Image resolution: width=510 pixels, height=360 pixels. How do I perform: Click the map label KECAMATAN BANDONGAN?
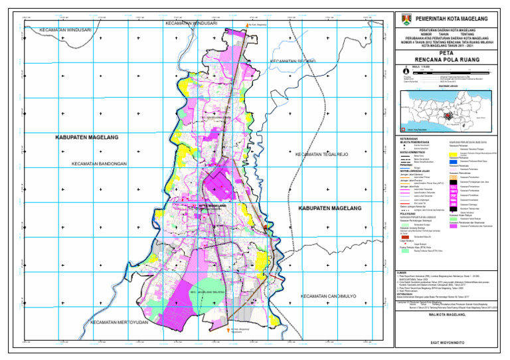click(100, 163)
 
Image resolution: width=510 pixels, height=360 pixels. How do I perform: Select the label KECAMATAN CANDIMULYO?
click(330, 296)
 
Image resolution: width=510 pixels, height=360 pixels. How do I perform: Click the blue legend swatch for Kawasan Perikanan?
click(454, 161)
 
